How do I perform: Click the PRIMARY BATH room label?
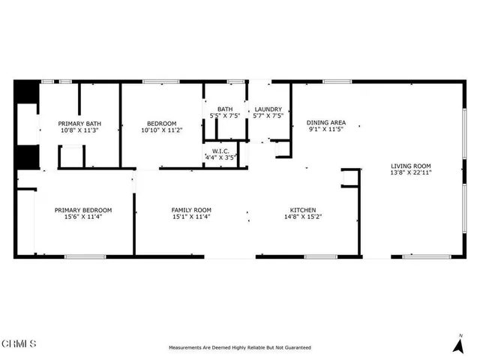[x=80, y=124]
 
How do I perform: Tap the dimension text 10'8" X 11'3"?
[x=80, y=130]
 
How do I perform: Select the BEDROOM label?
[x=161, y=124]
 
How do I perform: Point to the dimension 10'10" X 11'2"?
[x=161, y=130]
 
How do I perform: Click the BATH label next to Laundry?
[x=225, y=109]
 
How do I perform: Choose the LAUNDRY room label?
[x=268, y=109]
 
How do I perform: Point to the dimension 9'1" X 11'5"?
[x=326, y=129]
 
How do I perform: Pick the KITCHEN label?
[x=303, y=210]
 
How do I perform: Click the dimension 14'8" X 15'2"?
[x=303, y=217]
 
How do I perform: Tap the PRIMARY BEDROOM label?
[x=83, y=210]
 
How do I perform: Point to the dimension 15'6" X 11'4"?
[x=83, y=217]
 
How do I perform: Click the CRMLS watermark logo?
[x=19, y=344]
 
